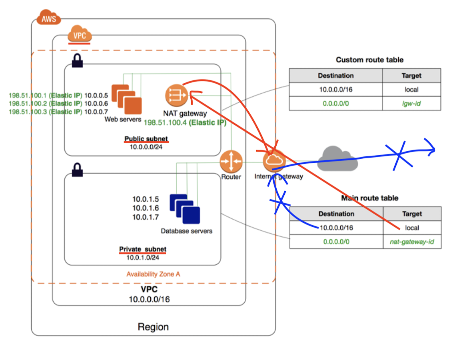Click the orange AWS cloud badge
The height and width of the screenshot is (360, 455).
tap(49, 18)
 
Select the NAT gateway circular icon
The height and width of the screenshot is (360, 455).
tap(176, 95)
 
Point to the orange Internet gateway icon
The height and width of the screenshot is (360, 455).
tap(273, 161)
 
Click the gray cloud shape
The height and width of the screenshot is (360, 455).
tap(337, 159)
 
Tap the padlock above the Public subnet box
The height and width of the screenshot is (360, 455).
tap(77, 61)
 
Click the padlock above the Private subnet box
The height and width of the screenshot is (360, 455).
tap(77, 170)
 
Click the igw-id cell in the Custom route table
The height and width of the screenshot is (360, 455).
tap(411, 103)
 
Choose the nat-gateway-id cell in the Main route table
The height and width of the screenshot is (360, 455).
tap(412, 242)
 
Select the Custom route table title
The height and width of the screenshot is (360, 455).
tap(369, 60)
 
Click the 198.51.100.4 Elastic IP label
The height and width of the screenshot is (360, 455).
tap(185, 123)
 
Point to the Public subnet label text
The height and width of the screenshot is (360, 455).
tap(146, 139)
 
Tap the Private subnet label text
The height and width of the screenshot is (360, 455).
tap(143, 249)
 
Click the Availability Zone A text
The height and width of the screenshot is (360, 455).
tap(153, 274)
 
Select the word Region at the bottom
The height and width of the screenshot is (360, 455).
tap(153, 327)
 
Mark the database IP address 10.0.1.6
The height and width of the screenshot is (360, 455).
tap(146, 208)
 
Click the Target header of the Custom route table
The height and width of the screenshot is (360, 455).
tap(411, 75)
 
